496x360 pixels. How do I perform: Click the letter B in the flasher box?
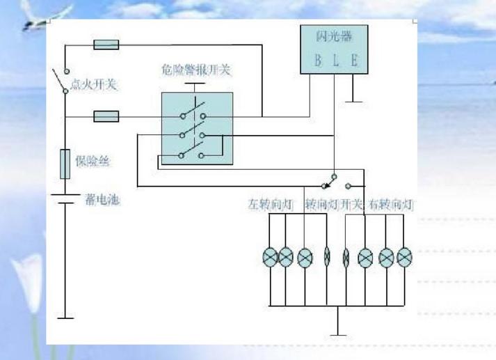pyautogui.click(x=317, y=61)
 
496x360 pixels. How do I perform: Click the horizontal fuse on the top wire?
pyautogui.click(x=106, y=45)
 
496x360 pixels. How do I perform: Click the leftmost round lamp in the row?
pyautogui.click(x=269, y=258)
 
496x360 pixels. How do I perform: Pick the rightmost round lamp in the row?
pyautogui.click(x=404, y=258)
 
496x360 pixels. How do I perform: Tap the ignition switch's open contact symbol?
pyautogui.click(x=63, y=80)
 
